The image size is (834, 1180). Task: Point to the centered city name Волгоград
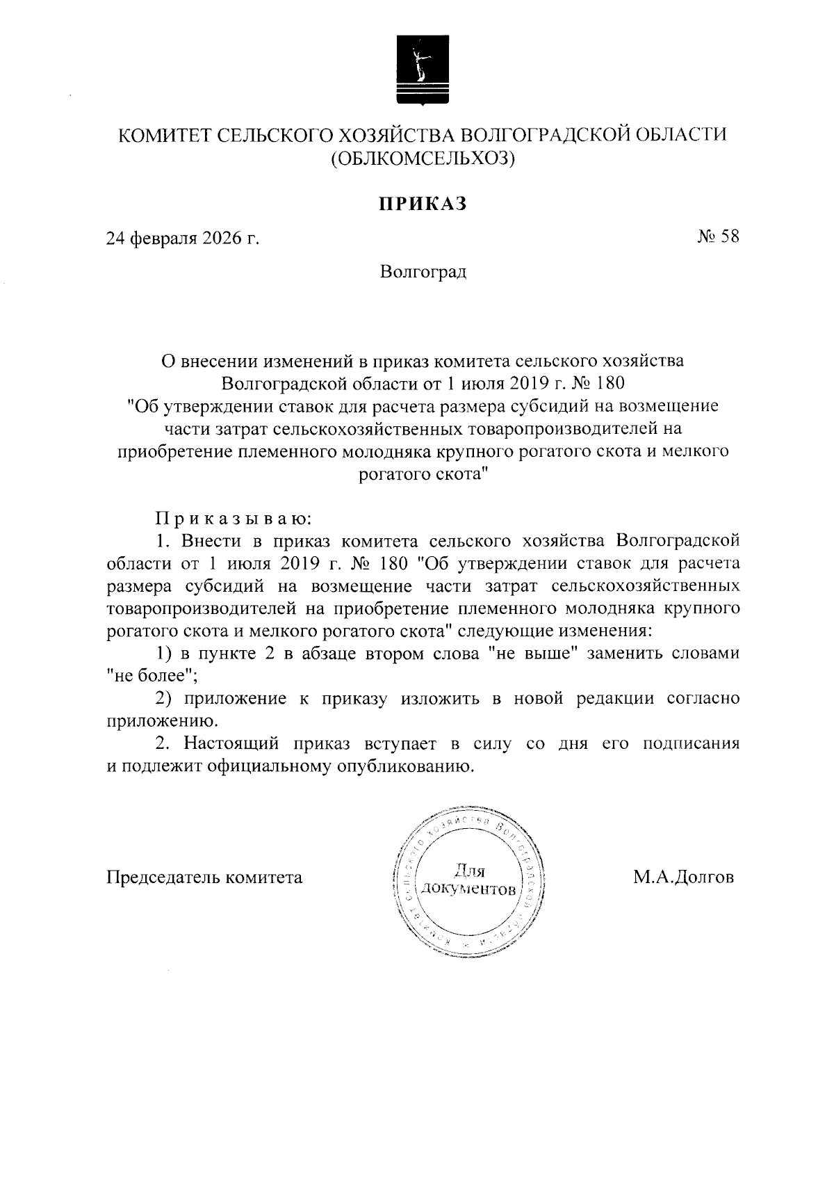click(423, 271)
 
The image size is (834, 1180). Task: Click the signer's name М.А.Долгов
click(683, 877)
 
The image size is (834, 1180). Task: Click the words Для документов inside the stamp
click(468, 880)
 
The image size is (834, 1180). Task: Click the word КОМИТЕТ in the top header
click(161, 134)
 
